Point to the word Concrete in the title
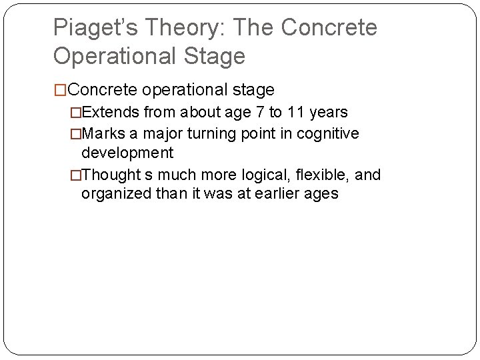point(329,28)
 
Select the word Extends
point(108,113)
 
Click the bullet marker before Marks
point(76,133)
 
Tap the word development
point(127,153)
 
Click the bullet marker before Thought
point(76,175)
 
